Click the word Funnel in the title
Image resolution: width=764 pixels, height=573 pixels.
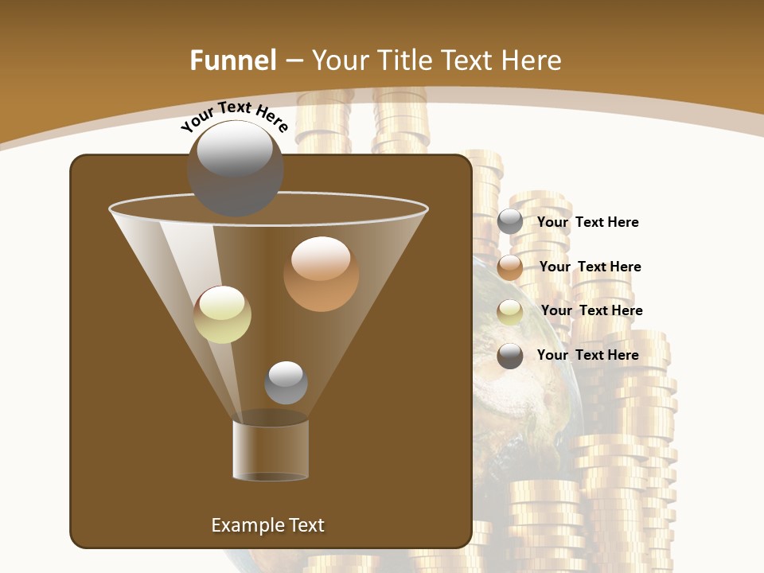[x=232, y=60]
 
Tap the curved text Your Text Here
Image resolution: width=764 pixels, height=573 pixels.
[x=234, y=116]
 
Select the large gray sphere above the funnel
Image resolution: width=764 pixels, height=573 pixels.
[x=235, y=168]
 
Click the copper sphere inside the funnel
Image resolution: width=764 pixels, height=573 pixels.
[x=321, y=274]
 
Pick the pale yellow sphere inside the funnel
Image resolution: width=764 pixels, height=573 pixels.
[x=222, y=314]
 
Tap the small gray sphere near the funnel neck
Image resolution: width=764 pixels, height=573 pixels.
[x=286, y=382]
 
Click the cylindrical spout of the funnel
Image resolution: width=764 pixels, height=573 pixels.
[x=271, y=450]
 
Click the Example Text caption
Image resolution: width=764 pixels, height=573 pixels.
[x=267, y=525]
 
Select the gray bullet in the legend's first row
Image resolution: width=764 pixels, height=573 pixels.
[x=510, y=222]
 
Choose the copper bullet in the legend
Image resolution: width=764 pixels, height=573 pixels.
[x=510, y=267]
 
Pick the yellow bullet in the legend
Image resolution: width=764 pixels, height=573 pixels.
[x=510, y=312]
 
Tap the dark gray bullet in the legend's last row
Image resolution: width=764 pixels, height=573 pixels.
[x=510, y=356]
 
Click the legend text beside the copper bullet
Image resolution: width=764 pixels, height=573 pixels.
[x=590, y=267]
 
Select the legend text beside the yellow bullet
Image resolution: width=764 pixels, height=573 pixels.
[x=591, y=310]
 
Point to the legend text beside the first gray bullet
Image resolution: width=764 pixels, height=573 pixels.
[x=587, y=222]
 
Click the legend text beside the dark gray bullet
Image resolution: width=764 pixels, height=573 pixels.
[x=587, y=355]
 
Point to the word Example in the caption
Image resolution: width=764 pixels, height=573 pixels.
[x=244, y=525]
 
